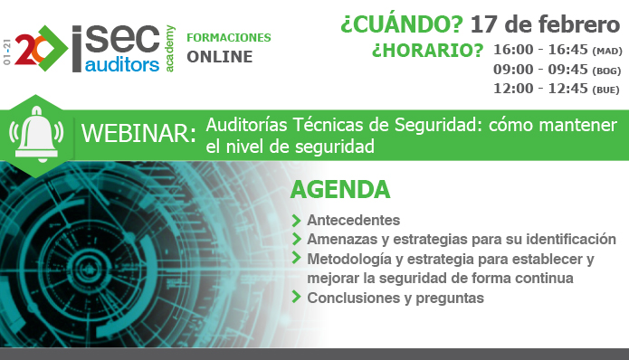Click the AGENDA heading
pyautogui.click(x=339, y=190)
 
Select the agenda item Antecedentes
pyautogui.click(x=353, y=220)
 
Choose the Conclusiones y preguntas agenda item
pyautogui.click(x=396, y=297)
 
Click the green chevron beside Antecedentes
pyautogui.click(x=297, y=221)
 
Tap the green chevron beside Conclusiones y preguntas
pyautogui.click(x=297, y=298)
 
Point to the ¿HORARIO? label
pyautogui.click(x=427, y=51)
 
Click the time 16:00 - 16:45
pyautogui.click(x=541, y=51)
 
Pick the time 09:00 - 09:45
pyautogui.click(x=541, y=70)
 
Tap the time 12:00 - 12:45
pyautogui.click(x=541, y=89)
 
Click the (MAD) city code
pyautogui.click(x=607, y=52)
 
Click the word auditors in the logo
pyautogui.click(x=120, y=64)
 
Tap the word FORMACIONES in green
pyautogui.click(x=228, y=38)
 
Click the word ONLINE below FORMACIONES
pyautogui.click(x=220, y=57)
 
